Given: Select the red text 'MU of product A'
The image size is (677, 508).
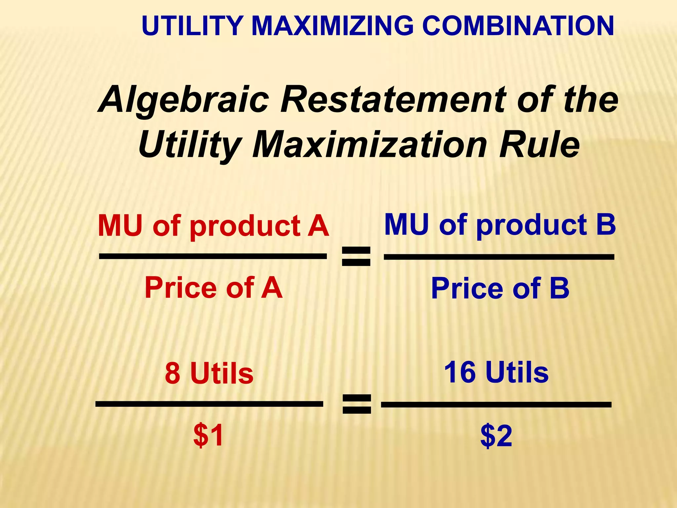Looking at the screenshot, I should (214, 227).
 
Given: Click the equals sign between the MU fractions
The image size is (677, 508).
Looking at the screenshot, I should (356, 257).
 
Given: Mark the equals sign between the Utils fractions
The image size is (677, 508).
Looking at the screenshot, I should (356, 404).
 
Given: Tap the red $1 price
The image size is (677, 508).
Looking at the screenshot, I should (209, 436).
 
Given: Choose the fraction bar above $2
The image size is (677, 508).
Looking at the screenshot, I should (496, 404).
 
